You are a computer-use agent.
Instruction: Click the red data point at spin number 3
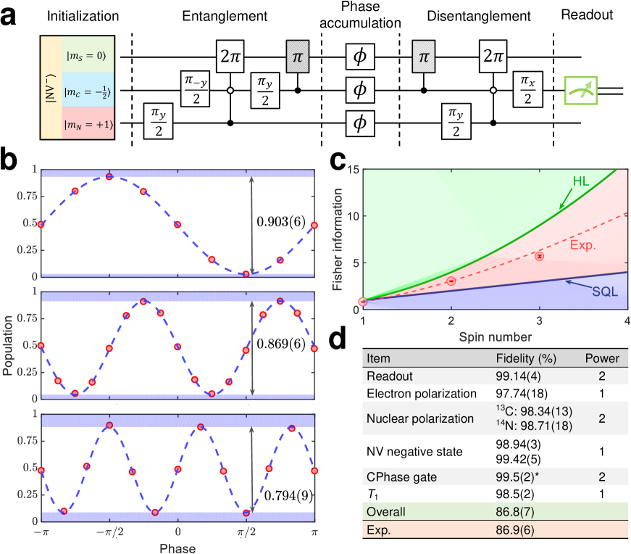coord(539,256)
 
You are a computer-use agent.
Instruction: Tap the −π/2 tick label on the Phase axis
coord(109,534)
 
